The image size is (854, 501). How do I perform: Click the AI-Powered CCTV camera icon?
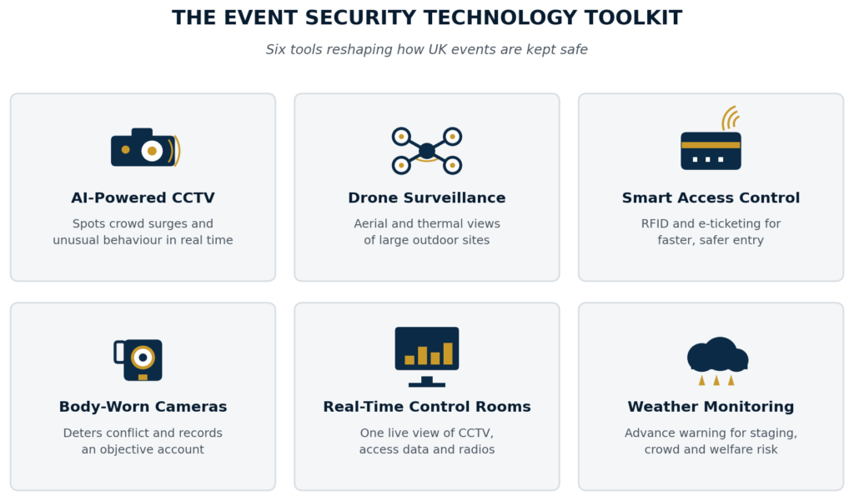[x=145, y=148]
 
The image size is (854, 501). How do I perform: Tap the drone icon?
[x=426, y=151]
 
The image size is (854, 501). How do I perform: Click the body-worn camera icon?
[x=138, y=360]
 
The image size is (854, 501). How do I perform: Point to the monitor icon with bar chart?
[x=426, y=357]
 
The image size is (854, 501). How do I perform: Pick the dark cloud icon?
[x=717, y=354]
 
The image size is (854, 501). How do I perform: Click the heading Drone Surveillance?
[x=426, y=198]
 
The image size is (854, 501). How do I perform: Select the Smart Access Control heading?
[x=711, y=198]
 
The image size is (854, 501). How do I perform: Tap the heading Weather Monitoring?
[x=711, y=407]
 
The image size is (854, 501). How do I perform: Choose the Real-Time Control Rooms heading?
[x=426, y=407]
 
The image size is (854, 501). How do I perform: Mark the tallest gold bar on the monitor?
[x=448, y=353]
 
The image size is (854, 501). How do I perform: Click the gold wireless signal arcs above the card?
[x=730, y=118]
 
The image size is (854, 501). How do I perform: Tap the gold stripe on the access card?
[x=711, y=145]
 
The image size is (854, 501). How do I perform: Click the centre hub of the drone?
[x=426, y=151]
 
